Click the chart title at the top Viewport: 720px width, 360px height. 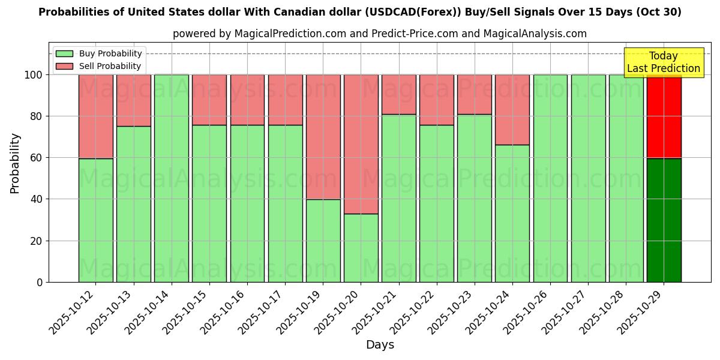coord(359,12)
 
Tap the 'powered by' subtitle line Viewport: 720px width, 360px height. coord(379,34)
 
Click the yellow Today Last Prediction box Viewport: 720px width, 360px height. coord(663,62)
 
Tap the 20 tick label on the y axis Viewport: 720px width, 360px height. coord(37,241)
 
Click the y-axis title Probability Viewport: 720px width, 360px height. coord(15,163)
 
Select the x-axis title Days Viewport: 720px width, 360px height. coord(380,345)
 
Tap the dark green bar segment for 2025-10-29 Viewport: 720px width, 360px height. coord(664,220)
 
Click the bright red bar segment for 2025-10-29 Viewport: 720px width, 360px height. coord(664,116)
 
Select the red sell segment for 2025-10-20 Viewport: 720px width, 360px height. coord(361,144)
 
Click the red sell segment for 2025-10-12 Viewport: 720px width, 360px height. coord(96,116)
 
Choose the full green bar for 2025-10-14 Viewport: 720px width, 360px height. coord(172,178)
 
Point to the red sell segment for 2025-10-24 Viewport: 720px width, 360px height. coord(512,110)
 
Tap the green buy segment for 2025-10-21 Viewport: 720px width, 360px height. coord(398,198)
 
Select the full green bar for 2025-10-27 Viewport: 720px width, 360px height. coord(588,178)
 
